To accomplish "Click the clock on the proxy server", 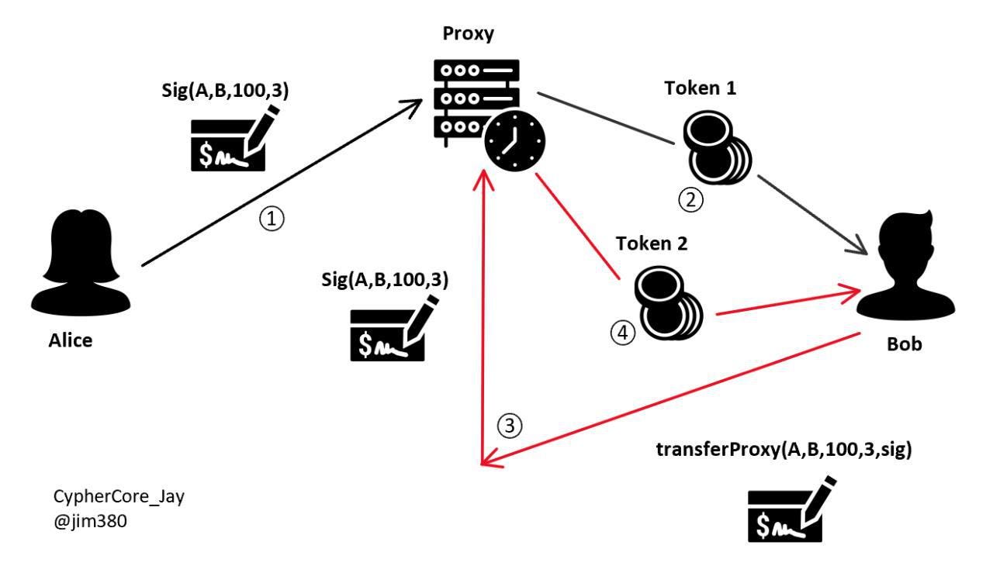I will coord(514,140).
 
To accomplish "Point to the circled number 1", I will coord(272,219).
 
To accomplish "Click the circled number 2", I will coord(690,200).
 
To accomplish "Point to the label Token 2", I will coord(652,245).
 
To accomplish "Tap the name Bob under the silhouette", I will coord(905,344).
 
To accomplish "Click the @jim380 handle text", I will coord(89,522).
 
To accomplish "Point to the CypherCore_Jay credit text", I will coord(118,497).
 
